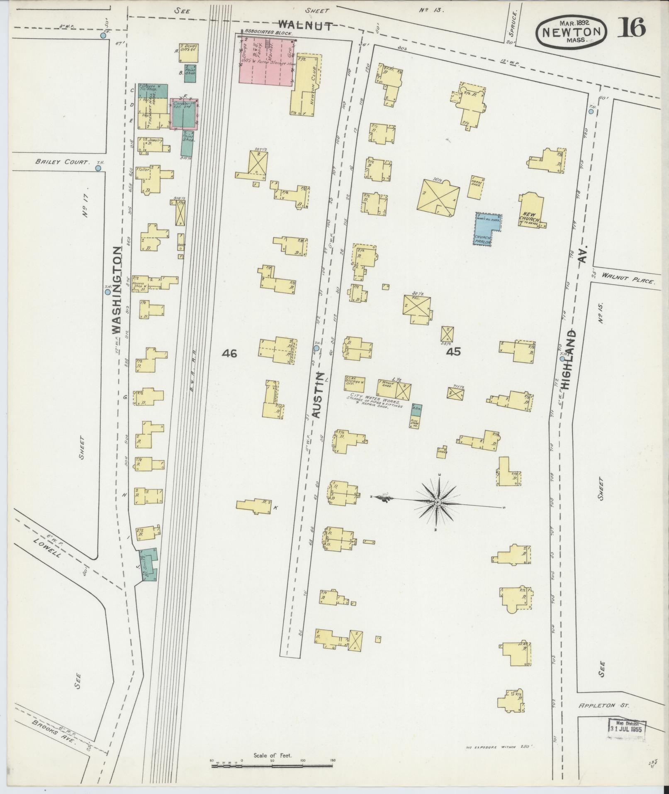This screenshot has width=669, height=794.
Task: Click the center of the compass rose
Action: pyautogui.click(x=437, y=503)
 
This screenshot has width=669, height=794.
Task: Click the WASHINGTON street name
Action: pyautogui.click(x=117, y=290)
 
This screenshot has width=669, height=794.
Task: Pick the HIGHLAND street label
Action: pyautogui.click(x=570, y=359)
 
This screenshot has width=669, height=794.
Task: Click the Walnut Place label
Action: pyautogui.click(x=628, y=279)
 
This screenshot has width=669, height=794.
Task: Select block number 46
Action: pyautogui.click(x=229, y=353)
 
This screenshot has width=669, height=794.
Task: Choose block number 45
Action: pyautogui.click(x=454, y=352)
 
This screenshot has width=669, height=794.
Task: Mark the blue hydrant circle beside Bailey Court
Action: pyautogui.click(x=98, y=168)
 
